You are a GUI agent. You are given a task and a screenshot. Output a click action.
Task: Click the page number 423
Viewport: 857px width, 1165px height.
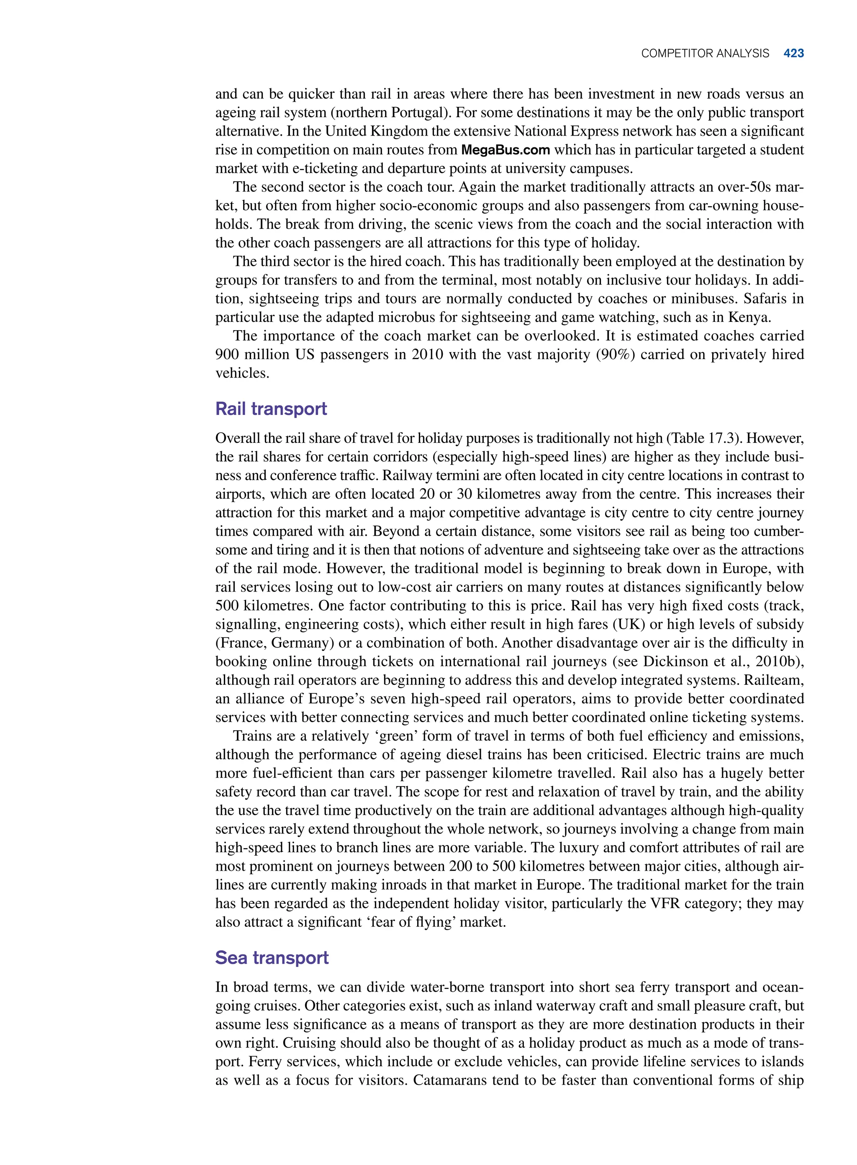[793, 53]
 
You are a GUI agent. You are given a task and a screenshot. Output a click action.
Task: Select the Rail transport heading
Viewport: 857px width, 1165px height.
[271, 409]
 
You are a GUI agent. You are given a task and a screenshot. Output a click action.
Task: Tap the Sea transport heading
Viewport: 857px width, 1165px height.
[272, 957]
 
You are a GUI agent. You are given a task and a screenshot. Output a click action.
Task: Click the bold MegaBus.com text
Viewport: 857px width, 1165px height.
[505, 150]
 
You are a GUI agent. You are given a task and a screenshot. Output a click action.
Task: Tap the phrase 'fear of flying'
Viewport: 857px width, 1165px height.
[361, 922]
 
